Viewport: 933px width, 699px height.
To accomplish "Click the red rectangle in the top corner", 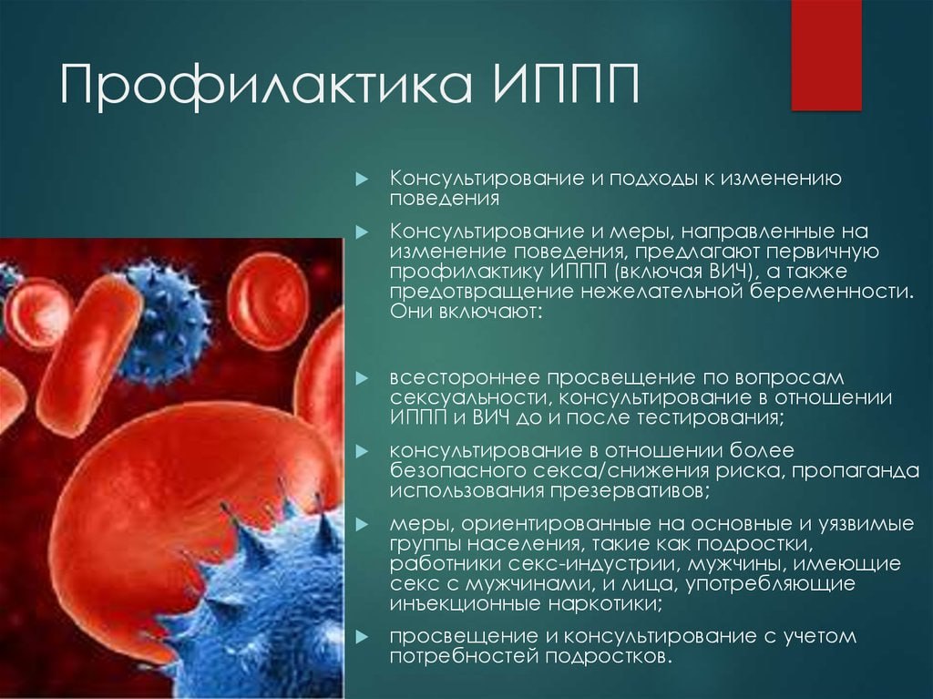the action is pos(825,55).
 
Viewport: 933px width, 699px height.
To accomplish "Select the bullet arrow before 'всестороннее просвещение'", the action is pos(362,379).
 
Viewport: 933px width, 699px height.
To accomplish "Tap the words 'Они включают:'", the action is pos(466,312).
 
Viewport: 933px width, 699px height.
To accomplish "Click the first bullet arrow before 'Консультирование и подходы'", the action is pos(362,180).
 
